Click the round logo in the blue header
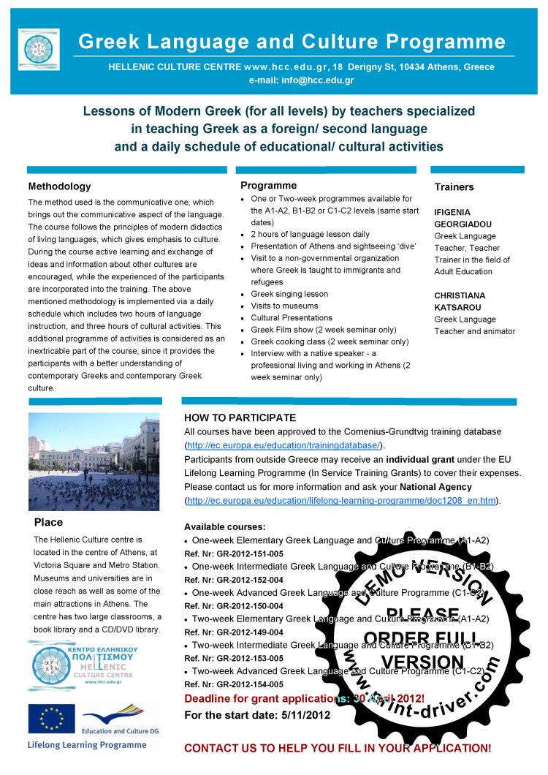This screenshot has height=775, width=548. [39, 50]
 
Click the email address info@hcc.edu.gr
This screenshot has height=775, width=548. [302, 80]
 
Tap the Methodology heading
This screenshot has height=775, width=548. [59, 186]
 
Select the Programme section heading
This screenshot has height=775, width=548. [268, 185]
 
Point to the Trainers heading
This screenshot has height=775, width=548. [454, 186]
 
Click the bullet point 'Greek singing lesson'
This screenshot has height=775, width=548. [289, 294]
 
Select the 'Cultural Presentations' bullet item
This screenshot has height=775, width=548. [292, 318]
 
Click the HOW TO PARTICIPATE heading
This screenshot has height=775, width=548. [240, 418]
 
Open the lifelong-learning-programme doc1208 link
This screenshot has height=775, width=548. [342, 500]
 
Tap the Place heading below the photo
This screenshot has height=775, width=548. [48, 522]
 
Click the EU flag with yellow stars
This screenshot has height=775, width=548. [51, 719]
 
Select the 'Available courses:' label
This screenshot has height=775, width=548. [224, 526]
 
